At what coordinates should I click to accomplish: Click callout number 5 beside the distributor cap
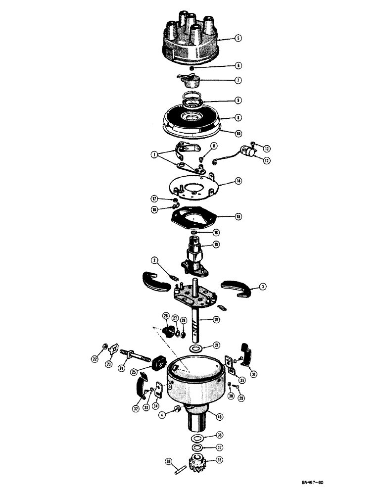[239, 38]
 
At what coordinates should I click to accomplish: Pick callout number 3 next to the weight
[264, 286]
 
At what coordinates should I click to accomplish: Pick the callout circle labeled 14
[239, 182]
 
